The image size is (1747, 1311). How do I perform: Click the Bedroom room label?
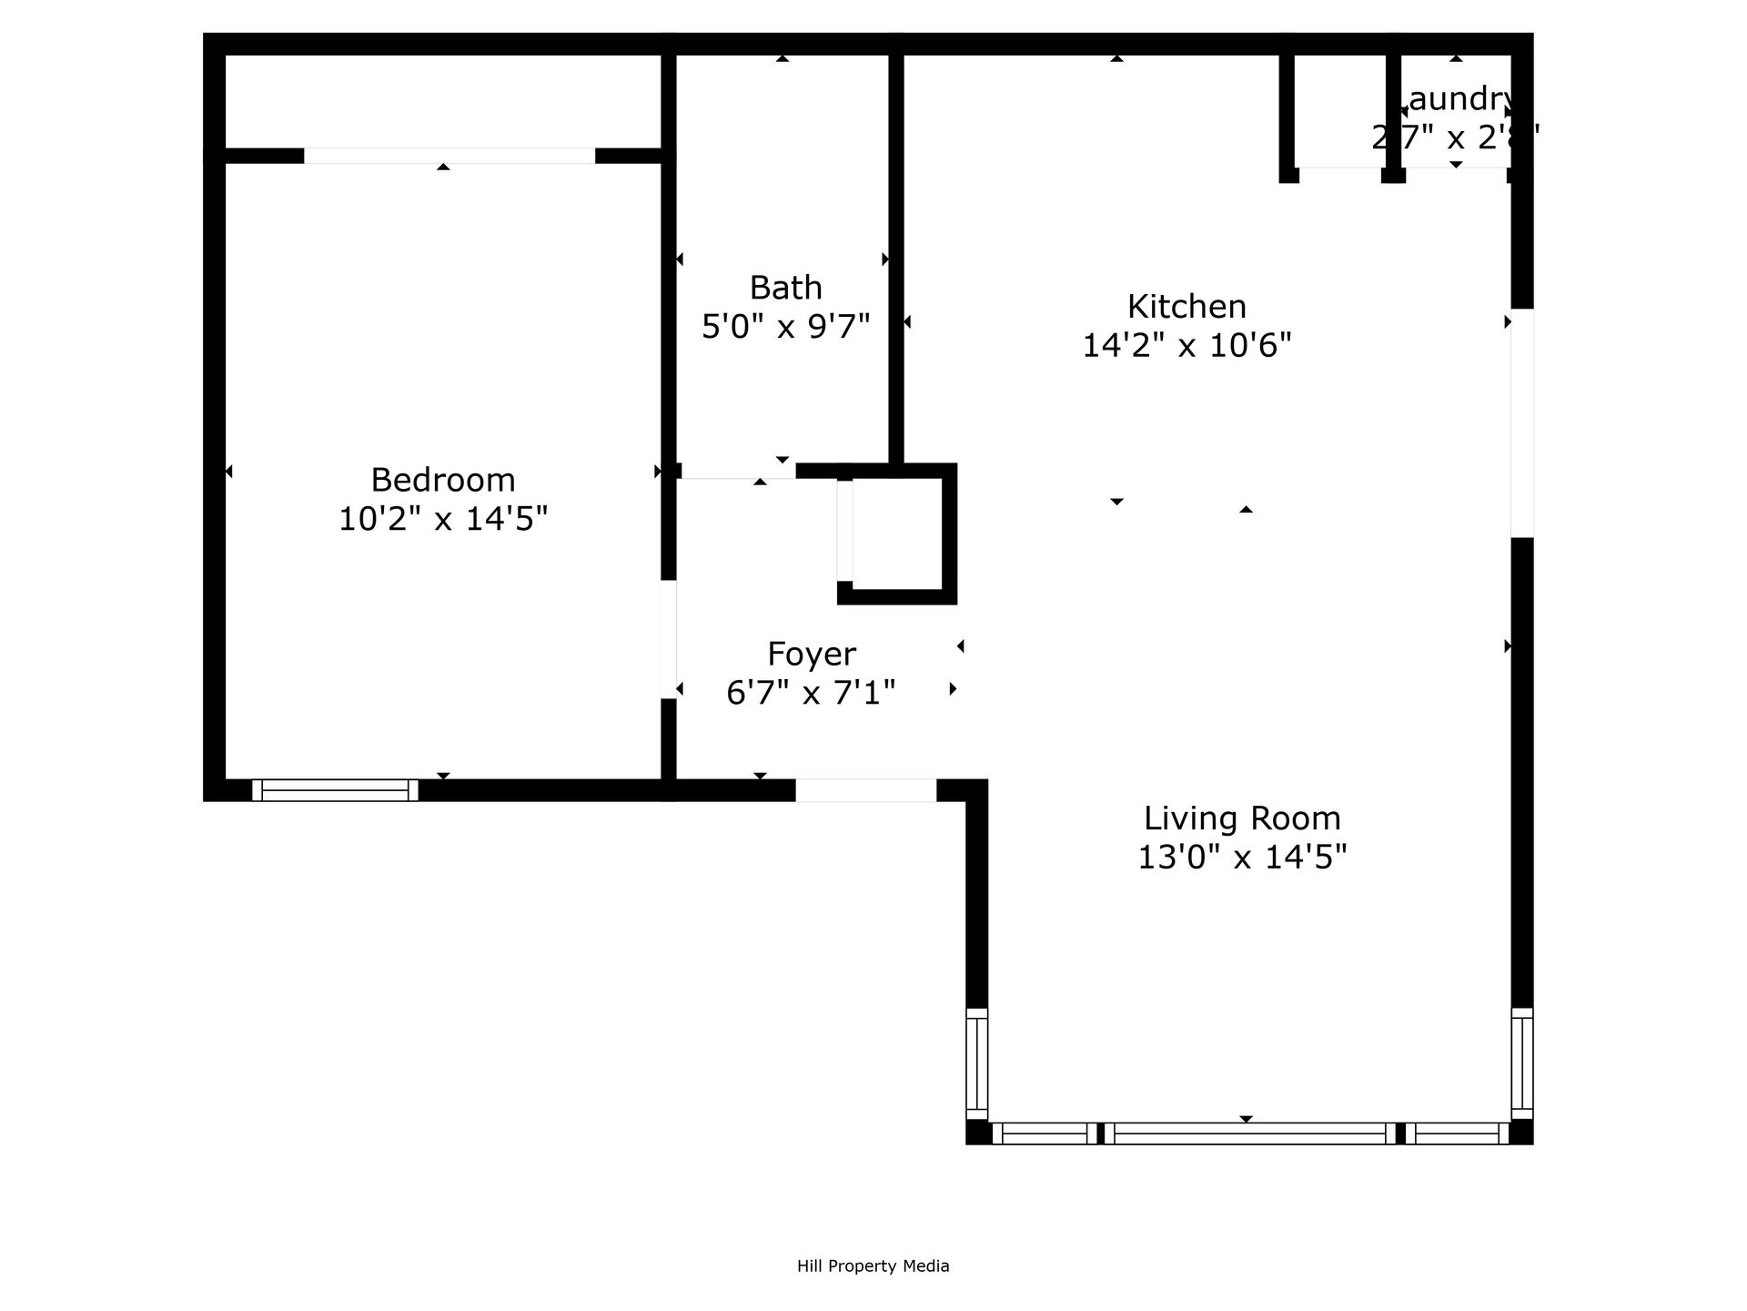443,480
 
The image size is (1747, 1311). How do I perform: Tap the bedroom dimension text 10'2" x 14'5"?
443,519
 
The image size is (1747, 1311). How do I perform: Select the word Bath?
785,288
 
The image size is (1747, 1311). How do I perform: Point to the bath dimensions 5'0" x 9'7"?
785,326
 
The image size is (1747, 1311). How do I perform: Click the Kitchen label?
1187,307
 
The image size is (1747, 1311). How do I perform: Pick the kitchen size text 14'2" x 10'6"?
1187,346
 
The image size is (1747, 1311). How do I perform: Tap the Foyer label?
811,654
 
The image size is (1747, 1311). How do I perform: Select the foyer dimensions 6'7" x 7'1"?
811,693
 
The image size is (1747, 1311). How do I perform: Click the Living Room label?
1242,818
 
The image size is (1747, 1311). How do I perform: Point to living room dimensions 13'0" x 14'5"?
1242,858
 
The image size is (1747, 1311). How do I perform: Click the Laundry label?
1456,98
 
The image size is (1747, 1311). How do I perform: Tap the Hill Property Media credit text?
873,1265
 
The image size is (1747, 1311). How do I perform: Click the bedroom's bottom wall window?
335,790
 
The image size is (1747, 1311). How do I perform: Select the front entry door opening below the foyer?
865,790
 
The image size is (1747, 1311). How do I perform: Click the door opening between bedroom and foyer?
669,639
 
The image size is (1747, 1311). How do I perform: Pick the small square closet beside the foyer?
896,534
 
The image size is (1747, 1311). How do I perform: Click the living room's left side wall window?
976,1063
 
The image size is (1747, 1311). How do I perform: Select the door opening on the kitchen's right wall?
1522,423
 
